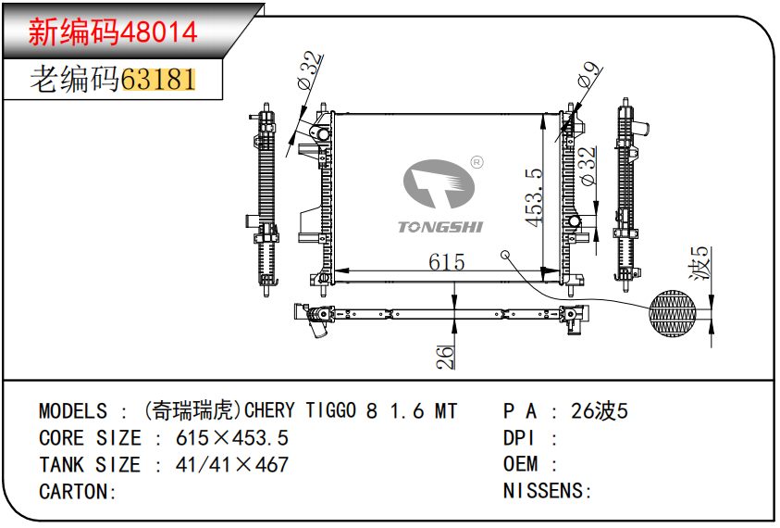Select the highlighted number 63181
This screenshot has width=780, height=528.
pos(158,80)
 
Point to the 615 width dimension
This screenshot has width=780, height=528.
pos(446,262)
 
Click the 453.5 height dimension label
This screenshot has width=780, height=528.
pos(534,196)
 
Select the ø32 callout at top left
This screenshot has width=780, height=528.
pos(311,70)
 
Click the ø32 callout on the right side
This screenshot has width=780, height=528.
pos(587,166)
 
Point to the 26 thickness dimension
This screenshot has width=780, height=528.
pos(445,357)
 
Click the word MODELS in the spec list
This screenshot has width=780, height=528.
pos(73,411)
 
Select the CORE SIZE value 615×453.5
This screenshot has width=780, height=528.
pos(232,438)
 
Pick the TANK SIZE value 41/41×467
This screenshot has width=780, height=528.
pos(232,465)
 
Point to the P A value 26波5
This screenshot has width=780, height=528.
pos(599,411)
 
